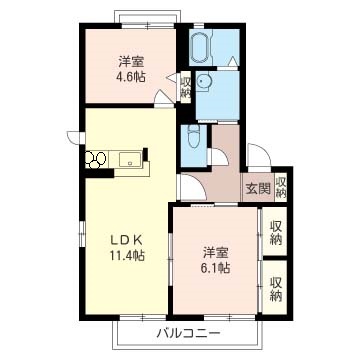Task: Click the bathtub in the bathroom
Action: click(201, 47)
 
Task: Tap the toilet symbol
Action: click(193, 137)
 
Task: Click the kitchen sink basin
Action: click(130, 159)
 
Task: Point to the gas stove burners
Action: click(96, 159)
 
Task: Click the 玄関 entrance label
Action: click(258, 189)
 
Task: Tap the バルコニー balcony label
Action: click(188, 333)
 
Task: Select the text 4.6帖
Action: click(131, 78)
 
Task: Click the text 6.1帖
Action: click(216, 268)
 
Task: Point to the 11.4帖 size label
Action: click(127, 255)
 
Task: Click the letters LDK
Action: click(127, 239)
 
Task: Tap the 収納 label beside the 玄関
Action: click(281, 187)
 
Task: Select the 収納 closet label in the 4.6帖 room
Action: click(185, 88)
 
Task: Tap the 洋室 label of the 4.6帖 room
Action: click(131, 62)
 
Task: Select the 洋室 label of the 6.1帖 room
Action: click(216, 252)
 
